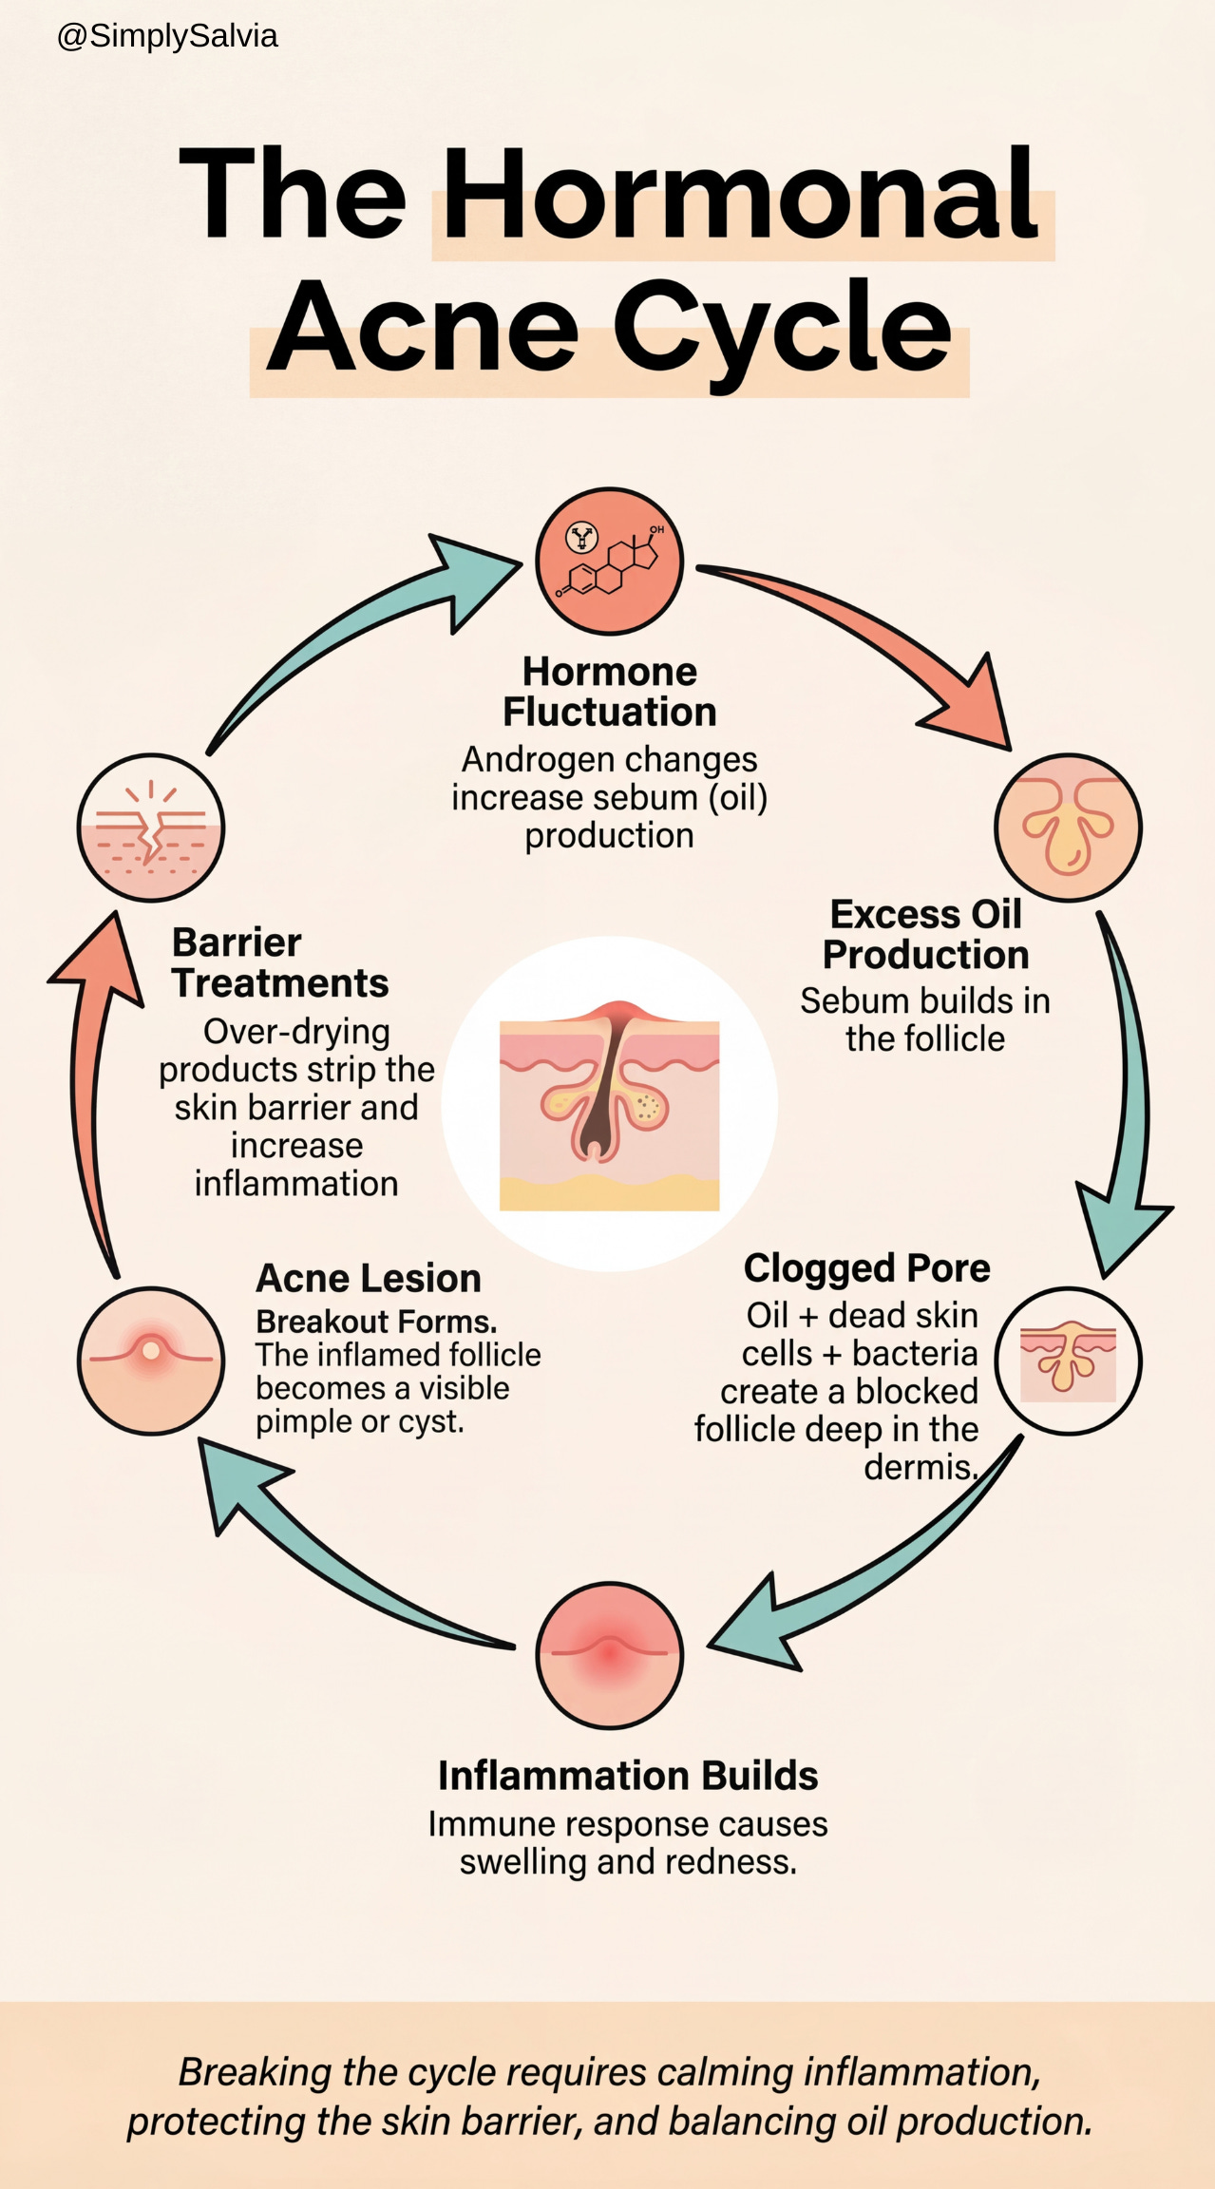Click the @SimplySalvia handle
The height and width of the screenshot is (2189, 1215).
167,36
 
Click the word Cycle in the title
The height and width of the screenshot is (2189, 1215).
781,328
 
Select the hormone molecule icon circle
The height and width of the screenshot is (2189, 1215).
609,561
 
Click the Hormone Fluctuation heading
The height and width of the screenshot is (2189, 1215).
609,692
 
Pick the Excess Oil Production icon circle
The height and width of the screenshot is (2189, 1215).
1068,827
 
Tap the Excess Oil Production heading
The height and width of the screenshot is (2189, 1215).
925,934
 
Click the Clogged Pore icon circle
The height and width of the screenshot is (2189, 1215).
1068,1360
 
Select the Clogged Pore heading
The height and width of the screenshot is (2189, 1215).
866,1267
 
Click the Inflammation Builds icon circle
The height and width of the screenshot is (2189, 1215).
609,1654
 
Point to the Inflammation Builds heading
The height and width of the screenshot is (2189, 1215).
627,1775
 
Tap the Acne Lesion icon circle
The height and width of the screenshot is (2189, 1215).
151,1360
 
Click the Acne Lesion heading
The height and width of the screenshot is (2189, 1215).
369,1278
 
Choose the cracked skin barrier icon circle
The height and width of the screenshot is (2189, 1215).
151,827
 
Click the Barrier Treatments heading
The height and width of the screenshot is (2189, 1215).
279,962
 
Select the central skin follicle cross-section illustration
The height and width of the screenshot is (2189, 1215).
609,1105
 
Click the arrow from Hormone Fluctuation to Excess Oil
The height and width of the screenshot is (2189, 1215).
883,646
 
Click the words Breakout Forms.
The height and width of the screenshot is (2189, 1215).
376,1322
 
